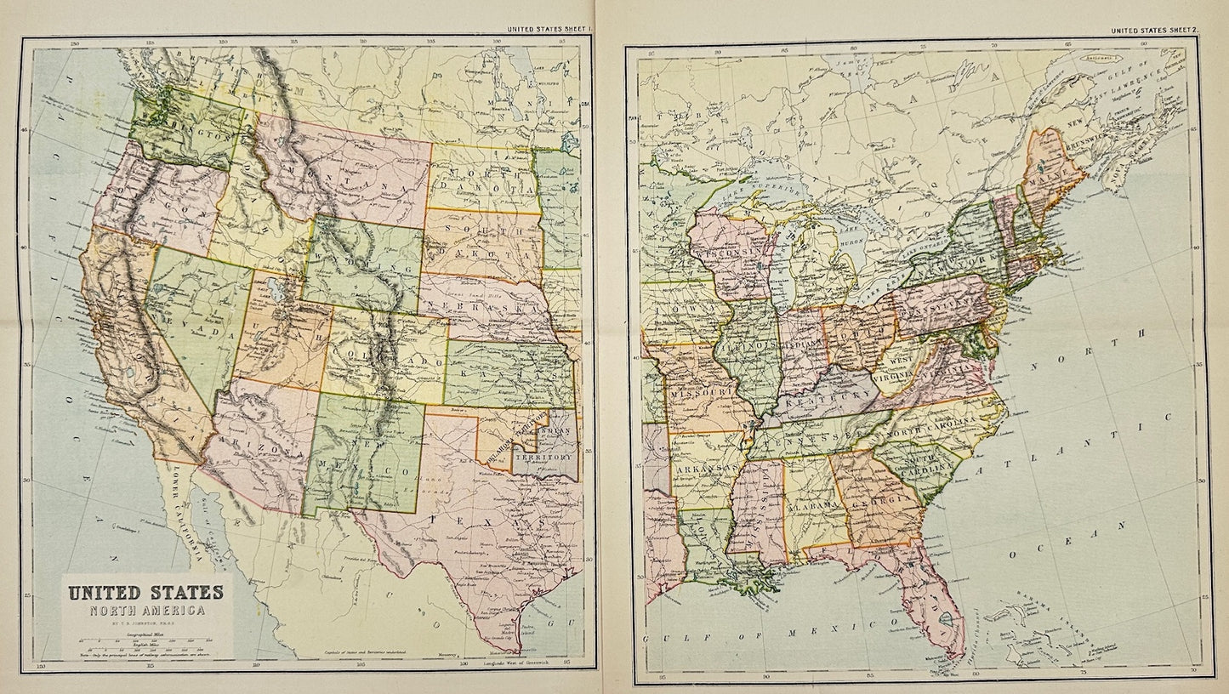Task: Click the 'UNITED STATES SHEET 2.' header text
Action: [x=1155, y=31]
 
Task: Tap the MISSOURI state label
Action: [x=702, y=393]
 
